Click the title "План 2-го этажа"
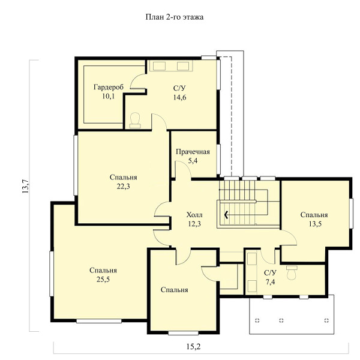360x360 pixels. pyautogui.click(x=175, y=17)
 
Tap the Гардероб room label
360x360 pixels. pyautogui.click(x=109, y=87)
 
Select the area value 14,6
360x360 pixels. pyautogui.click(x=180, y=97)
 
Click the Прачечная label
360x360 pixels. pyautogui.click(x=193, y=152)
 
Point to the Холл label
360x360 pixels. pyautogui.click(x=194, y=215)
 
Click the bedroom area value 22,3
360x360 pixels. pyautogui.click(x=123, y=186)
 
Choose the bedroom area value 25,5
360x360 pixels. pyautogui.click(x=103, y=279)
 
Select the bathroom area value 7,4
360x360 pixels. pyautogui.click(x=270, y=282)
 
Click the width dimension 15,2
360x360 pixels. pyautogui.click(x=194, y=346)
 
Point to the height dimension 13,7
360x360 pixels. pyautogui.click(x=25, y=186)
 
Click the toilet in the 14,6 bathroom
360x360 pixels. pyautogui.click(x=135, y=120)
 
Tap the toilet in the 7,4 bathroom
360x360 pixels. pyautogui.click(x=292, y=272)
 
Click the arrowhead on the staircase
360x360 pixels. pyautogui.click(x=226, y=215)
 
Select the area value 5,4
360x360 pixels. pyautogui.click(x=193, y=161)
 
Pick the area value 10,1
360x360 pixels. pyautogui.click(x=109, y=96)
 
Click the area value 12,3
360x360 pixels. pyautogui.click(x=194, y=224)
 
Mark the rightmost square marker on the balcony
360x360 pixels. pyautogui.click(x=326, y=320)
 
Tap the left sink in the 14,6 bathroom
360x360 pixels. pyautogui.click(x=159, y=66)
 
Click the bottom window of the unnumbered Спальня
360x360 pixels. pyautogui.click(x=183, y=333)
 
